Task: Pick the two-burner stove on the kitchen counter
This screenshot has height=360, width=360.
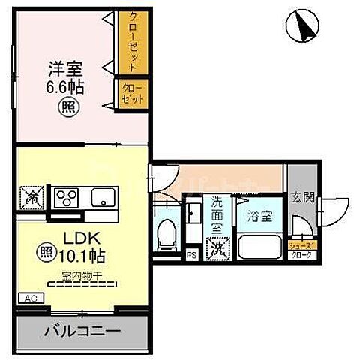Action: (68, 198)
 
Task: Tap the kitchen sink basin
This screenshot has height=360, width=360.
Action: (102, 198)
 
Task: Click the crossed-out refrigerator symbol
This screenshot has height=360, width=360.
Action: (31, 198)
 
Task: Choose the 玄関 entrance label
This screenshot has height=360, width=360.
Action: (301, 199)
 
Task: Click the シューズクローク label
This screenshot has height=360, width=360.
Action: (304, 250)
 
